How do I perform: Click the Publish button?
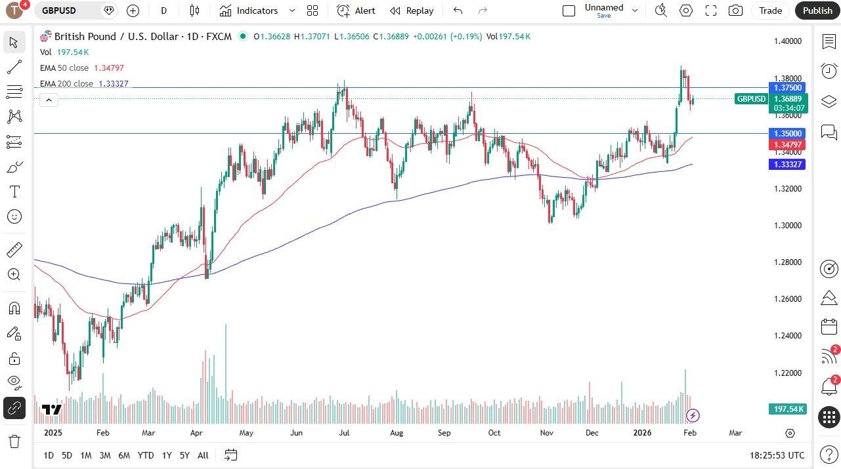coord(817,10)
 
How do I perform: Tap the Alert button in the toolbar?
coord(356,10)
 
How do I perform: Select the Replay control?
coord(412,10)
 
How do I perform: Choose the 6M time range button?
coord(124,455)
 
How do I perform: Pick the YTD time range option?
coord(146,455)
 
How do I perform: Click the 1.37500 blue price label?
coord(787,88)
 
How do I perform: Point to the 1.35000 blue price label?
coord(787,133)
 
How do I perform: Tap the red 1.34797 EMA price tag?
coord(787,144)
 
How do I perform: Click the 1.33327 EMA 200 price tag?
coord(787,164)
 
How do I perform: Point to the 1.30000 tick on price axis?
coord(787,225)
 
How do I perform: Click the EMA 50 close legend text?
coord(64,68)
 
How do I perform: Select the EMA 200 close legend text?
coord(66,84)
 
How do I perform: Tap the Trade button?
coord(770,10)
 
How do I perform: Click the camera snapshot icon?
coord(736,10)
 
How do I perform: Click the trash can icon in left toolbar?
coord(14,441)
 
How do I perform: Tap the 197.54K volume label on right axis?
coord(788,409)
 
